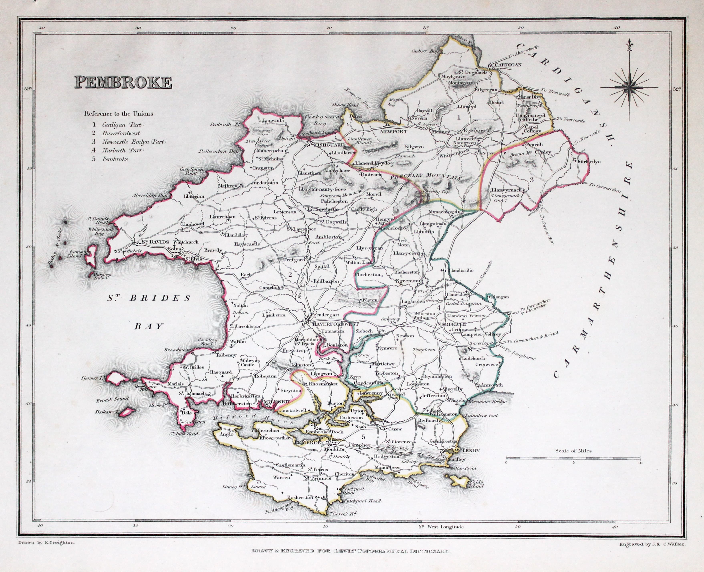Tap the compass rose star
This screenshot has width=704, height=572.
[629, 87]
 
